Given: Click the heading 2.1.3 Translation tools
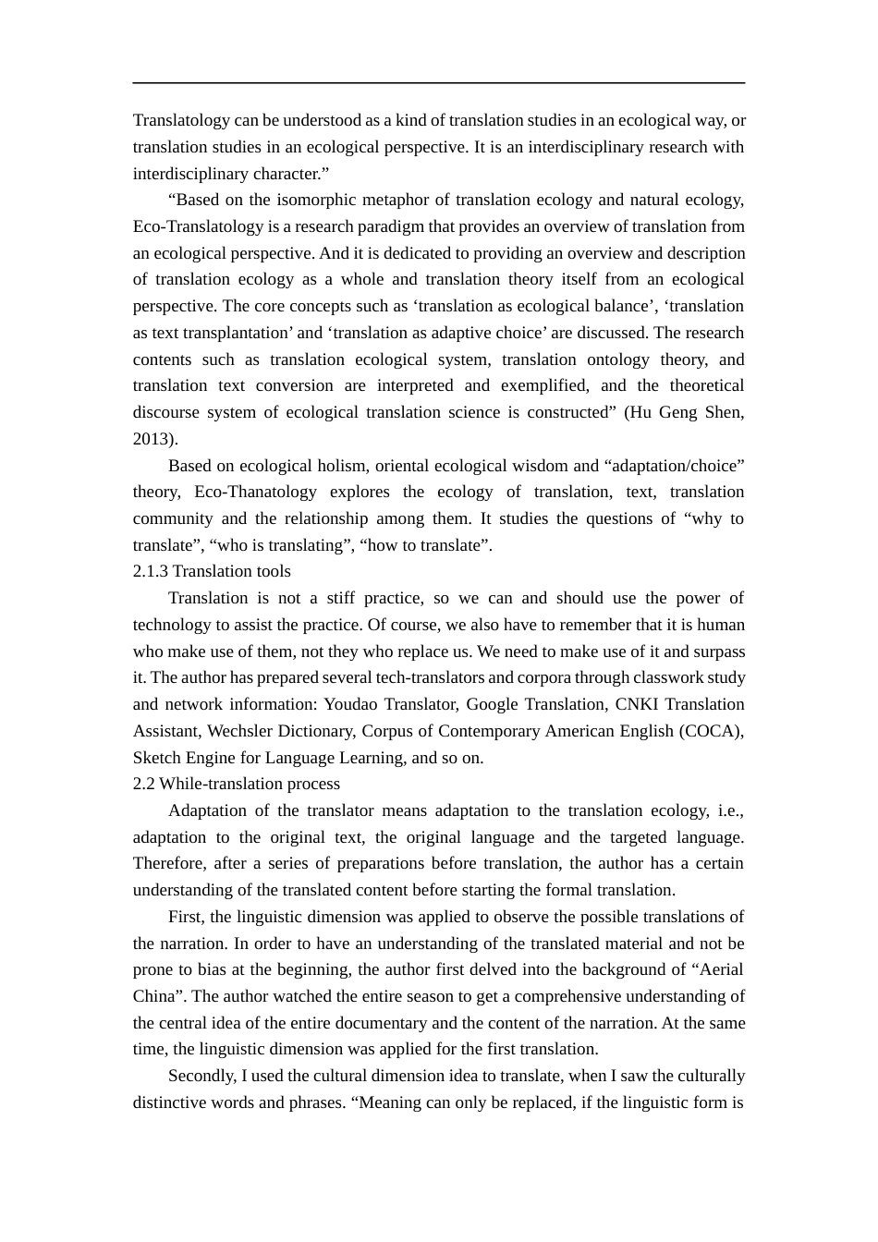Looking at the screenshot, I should [212, 572].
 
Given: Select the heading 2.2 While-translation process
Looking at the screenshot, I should [237, 785].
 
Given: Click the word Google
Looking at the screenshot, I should [492, 705].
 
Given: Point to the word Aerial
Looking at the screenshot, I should [721, 970].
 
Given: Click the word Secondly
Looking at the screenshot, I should [201, 1077].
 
